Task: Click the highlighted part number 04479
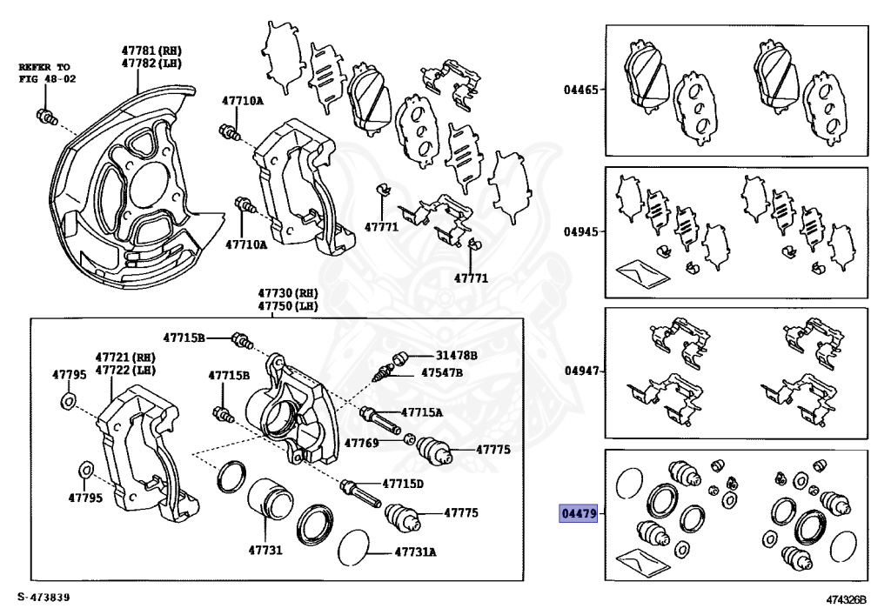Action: [579, 514]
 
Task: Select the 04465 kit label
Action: [580, 90]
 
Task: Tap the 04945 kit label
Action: [580, 232]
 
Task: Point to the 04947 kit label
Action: [580, 371]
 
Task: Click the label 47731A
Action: [416, 551]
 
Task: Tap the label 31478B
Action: [456, 356]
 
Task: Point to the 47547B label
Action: [442, 373]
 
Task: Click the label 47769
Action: [361, 443]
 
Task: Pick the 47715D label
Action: [403, 484]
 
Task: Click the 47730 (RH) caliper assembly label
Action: [286, 293]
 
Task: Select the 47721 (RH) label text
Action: [124, 358]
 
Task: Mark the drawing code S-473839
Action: [43, 598]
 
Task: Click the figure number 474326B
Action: [848, 600]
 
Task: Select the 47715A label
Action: [421, 412]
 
